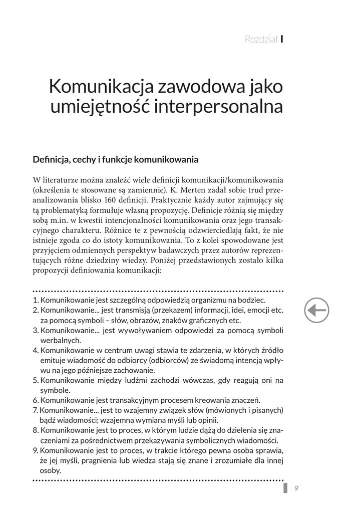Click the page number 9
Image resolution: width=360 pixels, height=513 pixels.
coord(297,489)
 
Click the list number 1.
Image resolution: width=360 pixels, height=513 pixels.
coord(35,301)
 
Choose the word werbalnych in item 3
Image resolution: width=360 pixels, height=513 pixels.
coord(57,341)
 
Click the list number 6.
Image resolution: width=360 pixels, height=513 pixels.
coord(35,400)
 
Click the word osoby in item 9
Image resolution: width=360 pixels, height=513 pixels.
coord(50,470)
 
